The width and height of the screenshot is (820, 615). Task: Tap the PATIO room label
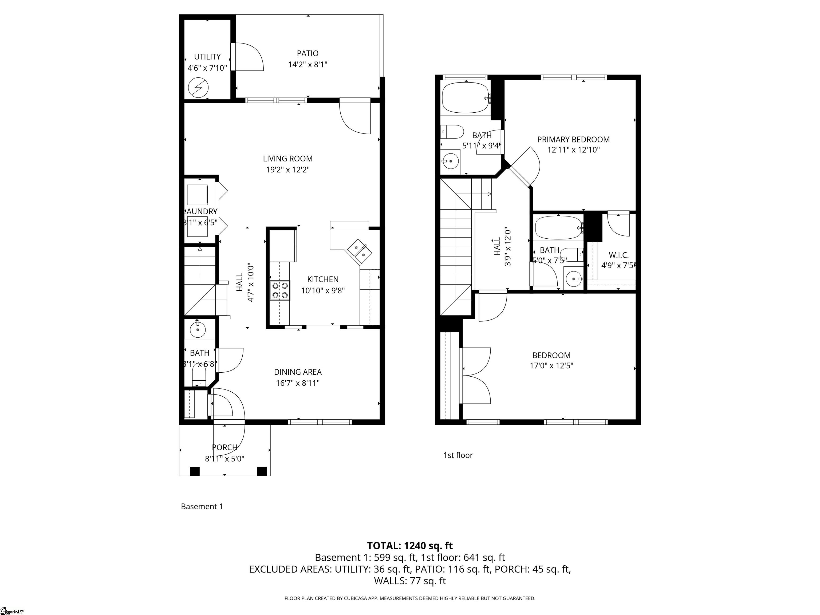pos(307,53)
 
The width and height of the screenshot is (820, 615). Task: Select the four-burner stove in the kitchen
pos(280,290)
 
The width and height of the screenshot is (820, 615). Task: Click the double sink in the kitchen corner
pos(360,250)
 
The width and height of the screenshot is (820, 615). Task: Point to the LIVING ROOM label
pos(288,159)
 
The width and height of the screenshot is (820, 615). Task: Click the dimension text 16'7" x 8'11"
pos(298,383)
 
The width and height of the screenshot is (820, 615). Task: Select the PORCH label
pos(225,447)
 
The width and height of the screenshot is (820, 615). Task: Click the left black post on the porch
pos(195,471)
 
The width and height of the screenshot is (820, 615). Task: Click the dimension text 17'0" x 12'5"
pos(551,365)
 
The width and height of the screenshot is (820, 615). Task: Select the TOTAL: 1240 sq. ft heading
pos(410,546)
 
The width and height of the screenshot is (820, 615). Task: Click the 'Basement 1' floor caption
pos(202,506)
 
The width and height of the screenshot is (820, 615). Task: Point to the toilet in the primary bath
pos(453,132)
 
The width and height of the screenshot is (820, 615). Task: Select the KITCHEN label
pos(322,279)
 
